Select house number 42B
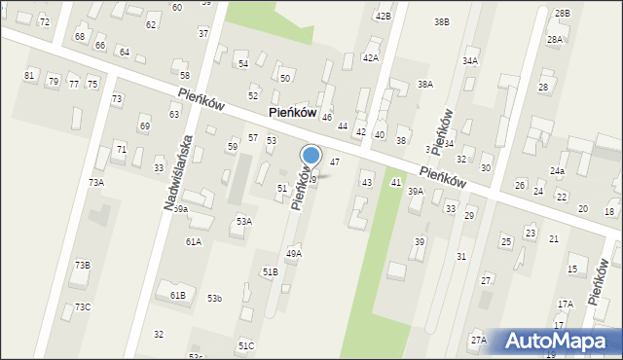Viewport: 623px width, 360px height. coord(383,17)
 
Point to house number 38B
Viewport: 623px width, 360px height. coord(441,21)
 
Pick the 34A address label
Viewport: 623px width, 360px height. coord(470,60)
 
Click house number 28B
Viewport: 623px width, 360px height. coord(562,13)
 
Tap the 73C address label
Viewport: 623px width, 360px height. coord(83,306)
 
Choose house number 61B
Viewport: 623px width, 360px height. coord(177,295)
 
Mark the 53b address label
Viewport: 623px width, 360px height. coord(214,298)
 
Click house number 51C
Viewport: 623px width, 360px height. coord(245,345)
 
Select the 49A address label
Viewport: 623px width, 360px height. coord(293,253)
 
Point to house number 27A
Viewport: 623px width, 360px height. coord(478,340)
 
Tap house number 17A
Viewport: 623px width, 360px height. coord(566,304)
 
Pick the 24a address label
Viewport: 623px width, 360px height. coord(557,170)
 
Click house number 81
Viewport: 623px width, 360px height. coord(29,75)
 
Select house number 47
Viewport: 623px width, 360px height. coord(334,162)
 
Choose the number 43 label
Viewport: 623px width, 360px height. coord(366,182)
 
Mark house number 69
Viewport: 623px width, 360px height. coord(144,126)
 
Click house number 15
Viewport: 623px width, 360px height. coord(572,269)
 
